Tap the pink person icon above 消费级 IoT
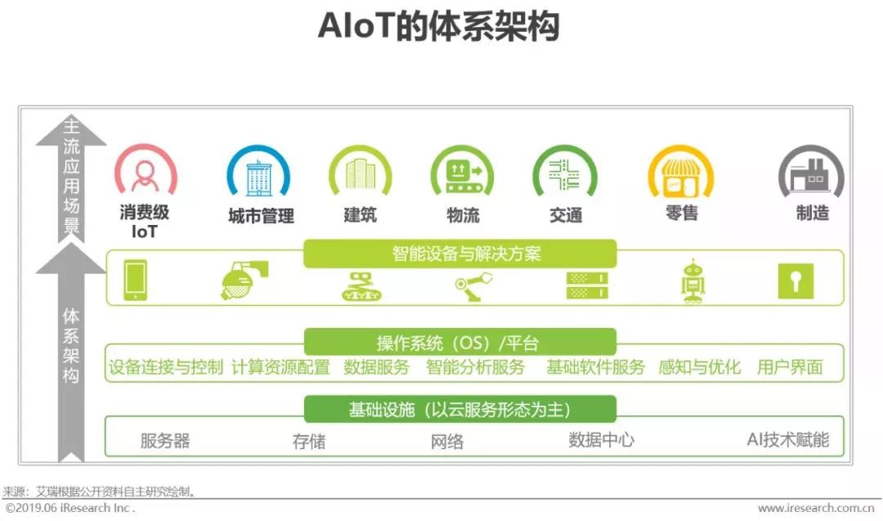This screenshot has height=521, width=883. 146,173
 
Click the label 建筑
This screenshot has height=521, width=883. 360,215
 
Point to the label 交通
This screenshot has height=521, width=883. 566,215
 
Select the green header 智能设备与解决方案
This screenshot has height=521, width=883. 459,254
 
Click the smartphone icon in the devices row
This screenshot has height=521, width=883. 135,280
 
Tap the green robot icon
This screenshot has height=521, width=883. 693,281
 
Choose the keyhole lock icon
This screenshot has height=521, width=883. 795,281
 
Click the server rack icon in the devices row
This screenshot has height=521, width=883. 587,283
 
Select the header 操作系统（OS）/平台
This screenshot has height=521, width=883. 459,343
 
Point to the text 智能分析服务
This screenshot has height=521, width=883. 475,367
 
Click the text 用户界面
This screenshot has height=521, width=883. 789,367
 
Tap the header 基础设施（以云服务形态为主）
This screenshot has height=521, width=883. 459,409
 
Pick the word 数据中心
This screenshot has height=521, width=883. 601,440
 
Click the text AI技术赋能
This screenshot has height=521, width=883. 787,440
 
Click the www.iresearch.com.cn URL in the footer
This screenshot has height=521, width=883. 817,508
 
